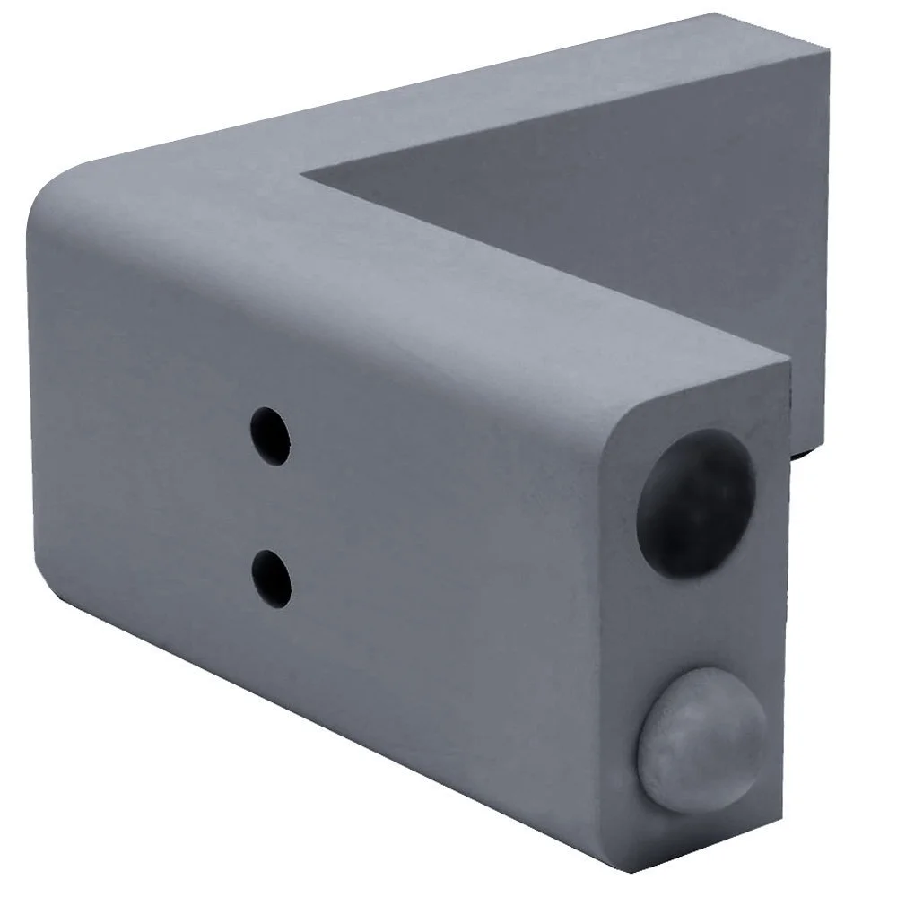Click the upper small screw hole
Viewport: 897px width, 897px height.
tap(270, 436)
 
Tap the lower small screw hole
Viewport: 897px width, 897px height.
tap(271, 576)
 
